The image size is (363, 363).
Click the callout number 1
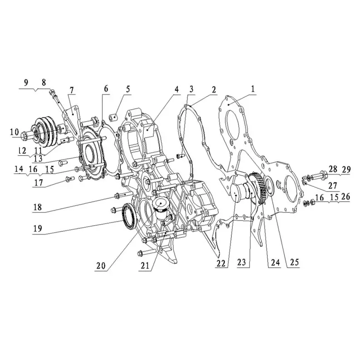(253, 88)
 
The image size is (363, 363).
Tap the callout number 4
(177, 89)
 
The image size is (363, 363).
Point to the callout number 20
(101, 266)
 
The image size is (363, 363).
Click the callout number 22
(221, 263)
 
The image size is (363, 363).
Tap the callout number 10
(15, 132)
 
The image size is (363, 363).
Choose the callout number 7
(72, 90)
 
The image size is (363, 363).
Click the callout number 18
(38, 207)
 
